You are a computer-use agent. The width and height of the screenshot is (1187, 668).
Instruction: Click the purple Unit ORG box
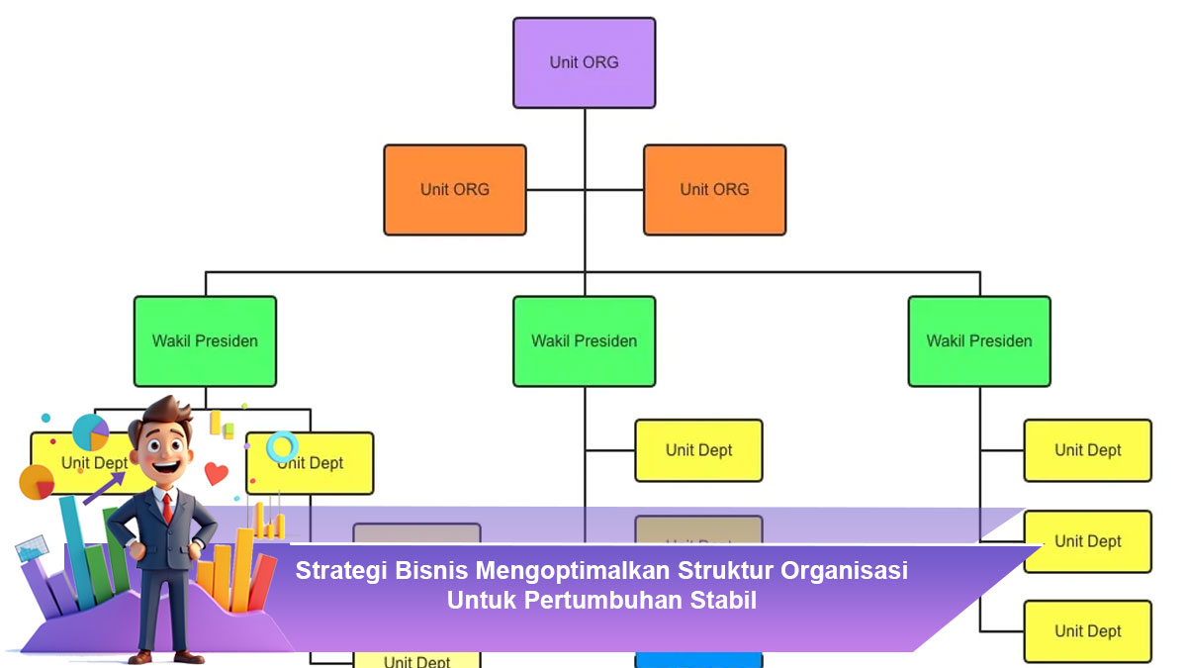(x=584, y=62)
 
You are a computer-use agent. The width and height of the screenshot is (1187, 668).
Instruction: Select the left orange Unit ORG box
(x=455, y=189)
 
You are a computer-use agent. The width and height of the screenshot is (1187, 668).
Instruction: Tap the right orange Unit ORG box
(x=714, y=189)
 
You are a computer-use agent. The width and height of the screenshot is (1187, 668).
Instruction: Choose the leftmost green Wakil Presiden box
(x=205, y=340)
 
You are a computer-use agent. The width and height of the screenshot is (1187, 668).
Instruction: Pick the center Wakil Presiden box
(x=584, y=340)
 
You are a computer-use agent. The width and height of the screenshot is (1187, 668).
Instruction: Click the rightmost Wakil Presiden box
(x=979, y=340)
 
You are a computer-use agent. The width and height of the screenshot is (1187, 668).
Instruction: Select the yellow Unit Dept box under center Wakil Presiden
(x=698, y=450)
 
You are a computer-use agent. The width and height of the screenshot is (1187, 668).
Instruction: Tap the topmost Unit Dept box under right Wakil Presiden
(x=1087, y=450)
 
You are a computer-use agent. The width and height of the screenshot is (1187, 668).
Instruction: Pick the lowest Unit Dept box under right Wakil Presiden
(x=1087, y=630)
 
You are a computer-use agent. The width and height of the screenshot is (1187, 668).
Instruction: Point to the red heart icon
(x=216, y=473)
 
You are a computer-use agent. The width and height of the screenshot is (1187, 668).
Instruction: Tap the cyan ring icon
(x=282, y=446)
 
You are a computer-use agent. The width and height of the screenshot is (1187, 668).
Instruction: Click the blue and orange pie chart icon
(x=90, y=432)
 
